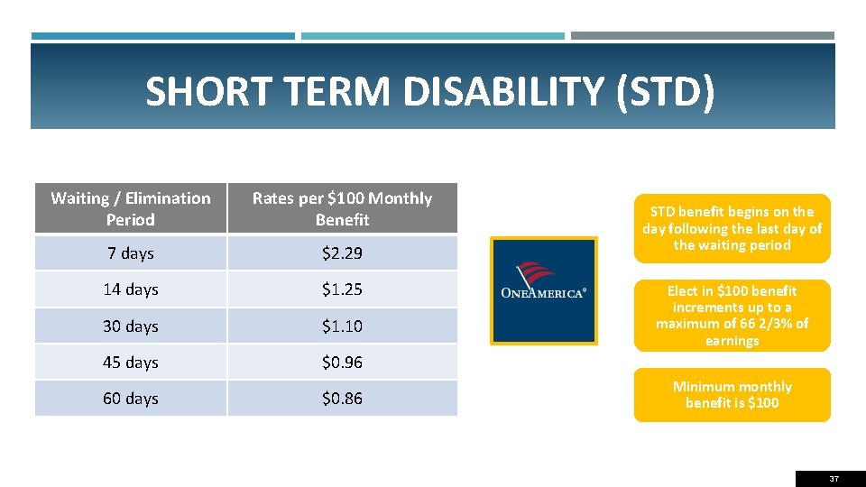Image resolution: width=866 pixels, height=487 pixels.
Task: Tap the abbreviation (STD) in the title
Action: [x=666, y=91]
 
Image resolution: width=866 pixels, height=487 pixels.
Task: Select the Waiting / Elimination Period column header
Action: [x=131, y=208]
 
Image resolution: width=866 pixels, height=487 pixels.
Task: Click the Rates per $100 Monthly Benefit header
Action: [x=342, y=208]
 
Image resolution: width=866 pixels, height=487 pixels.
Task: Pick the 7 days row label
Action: [x=131, y=253]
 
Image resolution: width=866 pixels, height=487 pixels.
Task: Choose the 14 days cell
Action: [x=131, y=289]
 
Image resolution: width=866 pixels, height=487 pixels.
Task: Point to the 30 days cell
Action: [x=131, y=326]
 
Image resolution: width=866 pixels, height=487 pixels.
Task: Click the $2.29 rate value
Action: [x=342, y=253]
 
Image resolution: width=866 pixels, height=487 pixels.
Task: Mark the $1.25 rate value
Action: [x=342, y=289]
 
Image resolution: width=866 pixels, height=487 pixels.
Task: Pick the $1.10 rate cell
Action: [x=342, y=326]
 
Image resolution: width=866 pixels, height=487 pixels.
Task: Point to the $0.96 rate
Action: [x=342, y=362]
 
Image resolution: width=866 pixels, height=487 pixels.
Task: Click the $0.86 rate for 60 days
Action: [x=342, y=398]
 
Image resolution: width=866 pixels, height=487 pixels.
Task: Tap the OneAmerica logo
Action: [x=543, y=290]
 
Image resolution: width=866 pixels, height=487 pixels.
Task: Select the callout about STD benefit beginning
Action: [x=732, y=228]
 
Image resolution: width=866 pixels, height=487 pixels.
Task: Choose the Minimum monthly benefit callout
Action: [x=732, y=394]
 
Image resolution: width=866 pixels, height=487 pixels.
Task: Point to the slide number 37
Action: [x=834, y=478]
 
